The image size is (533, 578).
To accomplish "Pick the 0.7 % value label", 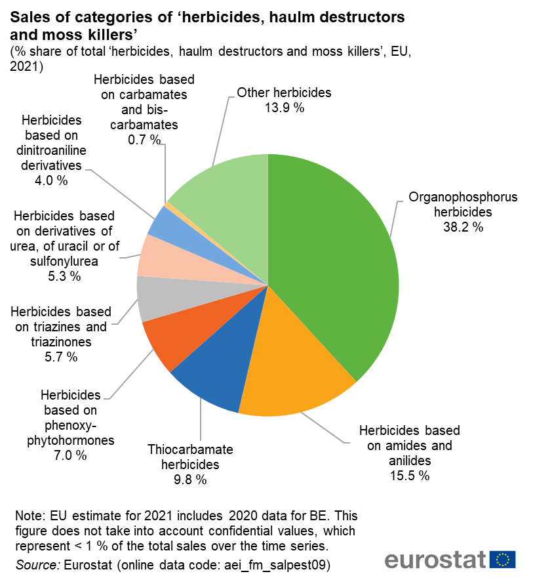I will (x=145, y=139).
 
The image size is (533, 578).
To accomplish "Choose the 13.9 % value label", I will (x=285, y=108).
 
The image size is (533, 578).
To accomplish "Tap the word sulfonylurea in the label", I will (x=64, y=261).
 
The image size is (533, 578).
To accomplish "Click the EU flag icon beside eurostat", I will (x=503, y=559).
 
